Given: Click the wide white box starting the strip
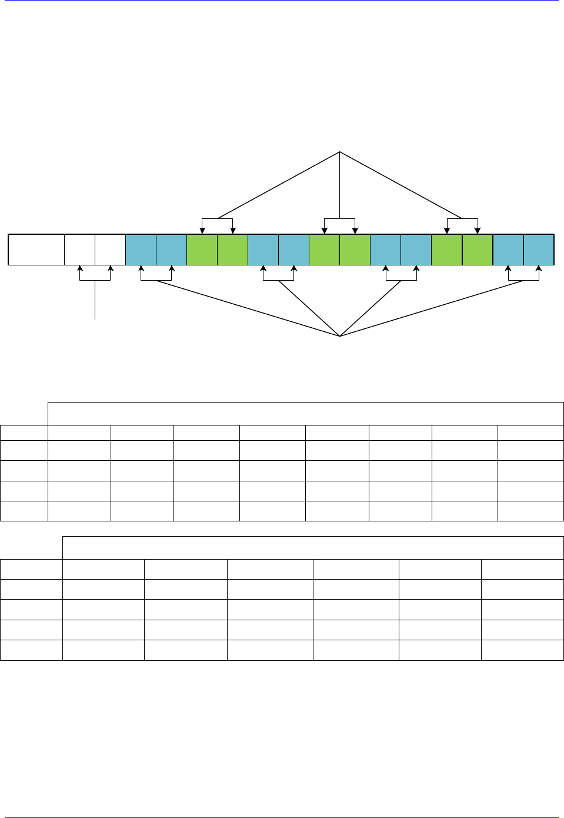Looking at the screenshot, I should point(36,250).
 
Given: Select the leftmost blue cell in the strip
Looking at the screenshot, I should point(141,250).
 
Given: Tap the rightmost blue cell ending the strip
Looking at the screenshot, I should point(539,250).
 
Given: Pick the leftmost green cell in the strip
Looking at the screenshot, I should point(202,250).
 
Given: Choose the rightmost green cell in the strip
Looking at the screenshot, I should point(478,250).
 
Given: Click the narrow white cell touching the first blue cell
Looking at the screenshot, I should point(110,250).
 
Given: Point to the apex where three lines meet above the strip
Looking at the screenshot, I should point(340,152).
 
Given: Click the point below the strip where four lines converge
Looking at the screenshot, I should point(340,336).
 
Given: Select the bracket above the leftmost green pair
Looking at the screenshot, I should point(218,220).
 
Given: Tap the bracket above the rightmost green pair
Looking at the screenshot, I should point(462,220).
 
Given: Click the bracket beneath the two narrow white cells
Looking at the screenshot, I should point(95,280).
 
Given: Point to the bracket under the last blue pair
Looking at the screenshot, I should point(523,280).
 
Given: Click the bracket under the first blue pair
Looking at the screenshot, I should point(156,280).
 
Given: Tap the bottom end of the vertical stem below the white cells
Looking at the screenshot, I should point(95,318).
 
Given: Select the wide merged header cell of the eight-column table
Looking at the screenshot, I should point(305,413).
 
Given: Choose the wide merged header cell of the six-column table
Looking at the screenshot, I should point(313,547).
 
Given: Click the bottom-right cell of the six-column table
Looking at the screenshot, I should point(522,650).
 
